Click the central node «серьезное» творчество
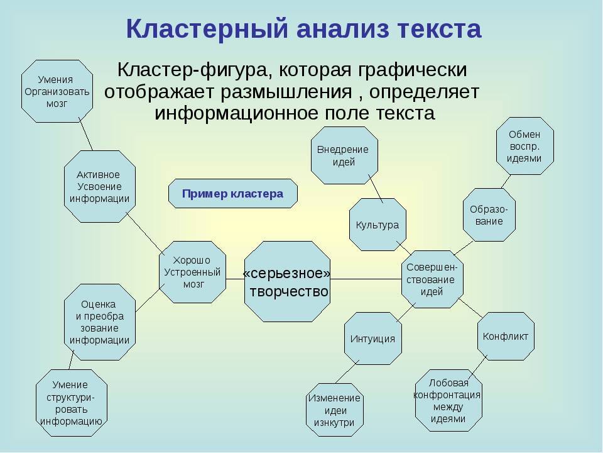[x=287, y=281]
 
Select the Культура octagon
[x=377, y=225]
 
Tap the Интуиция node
[x=372, y=338]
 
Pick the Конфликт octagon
[x=506, y=336]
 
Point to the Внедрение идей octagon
[x=344, y=155]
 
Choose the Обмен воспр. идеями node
[x=524, y=146]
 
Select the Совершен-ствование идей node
[x=432, y=279]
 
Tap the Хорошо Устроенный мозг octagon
[x=192, y=272]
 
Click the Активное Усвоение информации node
[x=99, y=186]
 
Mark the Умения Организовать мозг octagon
[x=57, y=91]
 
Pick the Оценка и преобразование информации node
[x=99, y=322]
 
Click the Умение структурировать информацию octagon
[x=71, y=402]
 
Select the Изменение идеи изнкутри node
[x=335, y=410]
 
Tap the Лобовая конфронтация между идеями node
[x=448, y=400]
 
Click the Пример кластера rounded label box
[x=232, y=194]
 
